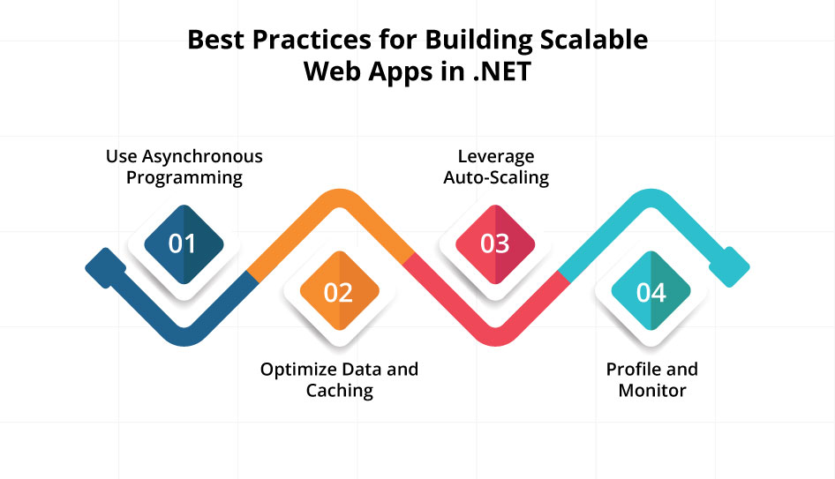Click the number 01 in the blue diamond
pos(183,243)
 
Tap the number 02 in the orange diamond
pos(338,292)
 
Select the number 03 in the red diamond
pos(495,243)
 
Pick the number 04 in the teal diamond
pos(651,292)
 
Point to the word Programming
pos(184,177)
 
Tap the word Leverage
pos(496,156)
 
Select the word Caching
pos(340,390)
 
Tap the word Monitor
pos(652,390)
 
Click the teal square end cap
pos(733,266)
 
